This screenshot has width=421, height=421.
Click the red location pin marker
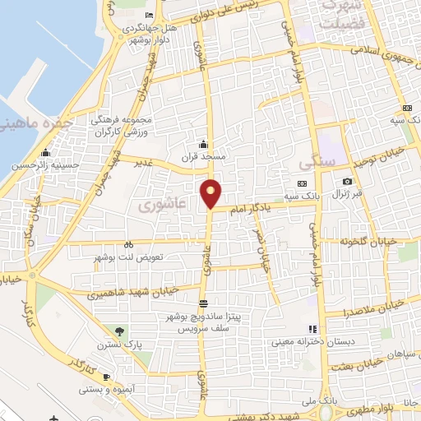pyautogui.click(x=211, y=193)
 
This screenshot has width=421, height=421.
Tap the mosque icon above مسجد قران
pyautogui.click(x=203, y=144)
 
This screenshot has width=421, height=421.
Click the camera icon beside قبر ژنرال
pyautogui.click(x=347, y=182)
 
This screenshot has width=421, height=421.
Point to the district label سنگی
pyautogui.click(x=317, y=161)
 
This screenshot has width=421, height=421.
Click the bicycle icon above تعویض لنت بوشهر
pyautogui.click(x=128, y=244)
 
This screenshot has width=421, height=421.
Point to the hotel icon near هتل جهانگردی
pyautogui.click(x=148, y=16)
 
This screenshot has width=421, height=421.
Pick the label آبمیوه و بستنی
pyautogui.click(x=133, y=388)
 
